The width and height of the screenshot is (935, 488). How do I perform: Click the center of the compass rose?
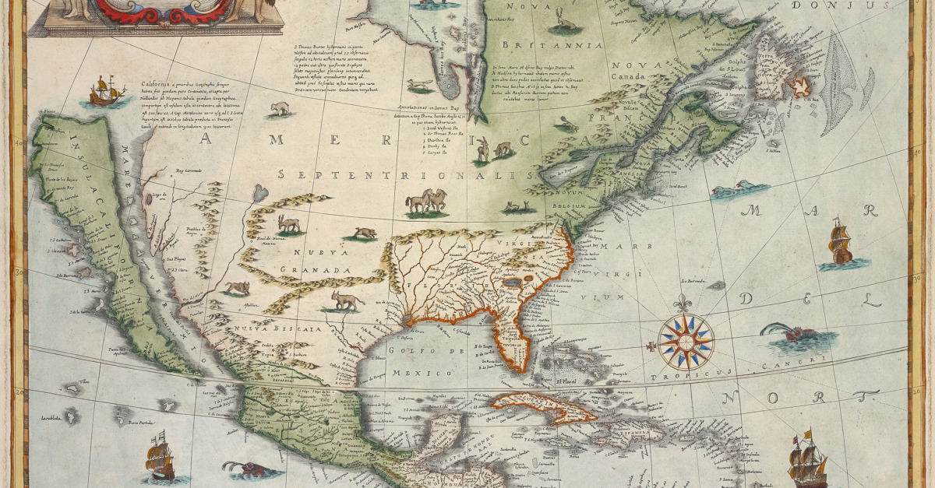(686, 341)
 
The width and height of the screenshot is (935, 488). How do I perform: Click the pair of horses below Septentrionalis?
(426, 202)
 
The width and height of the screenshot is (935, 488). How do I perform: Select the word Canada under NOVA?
(630, 76)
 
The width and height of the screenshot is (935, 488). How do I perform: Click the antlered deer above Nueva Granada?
(289, 225)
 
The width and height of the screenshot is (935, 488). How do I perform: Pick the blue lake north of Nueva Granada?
(260, 191)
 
